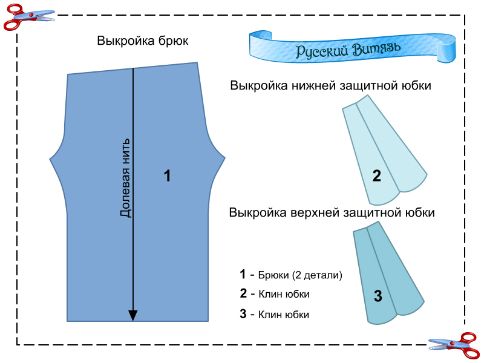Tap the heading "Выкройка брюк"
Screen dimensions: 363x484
(142, 41)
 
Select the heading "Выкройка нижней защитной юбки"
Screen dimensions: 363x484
(330, 86)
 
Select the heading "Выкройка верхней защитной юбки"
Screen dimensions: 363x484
(332, 213)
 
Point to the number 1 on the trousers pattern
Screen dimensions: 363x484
(167, 176)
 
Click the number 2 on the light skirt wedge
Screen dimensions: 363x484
(376, 176)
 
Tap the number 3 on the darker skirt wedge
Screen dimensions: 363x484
(378, 296)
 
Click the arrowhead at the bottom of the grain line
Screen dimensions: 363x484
(133, 316)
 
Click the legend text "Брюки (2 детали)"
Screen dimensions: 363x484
(300, 275)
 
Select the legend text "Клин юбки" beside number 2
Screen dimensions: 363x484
(284, 295)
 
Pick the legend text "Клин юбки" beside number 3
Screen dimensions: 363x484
(284, 315)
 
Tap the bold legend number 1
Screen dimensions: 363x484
(243, 274)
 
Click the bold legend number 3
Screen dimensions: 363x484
(243, 314)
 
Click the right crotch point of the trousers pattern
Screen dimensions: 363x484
(226, 160)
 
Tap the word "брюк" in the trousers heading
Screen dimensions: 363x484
(175, 41)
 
